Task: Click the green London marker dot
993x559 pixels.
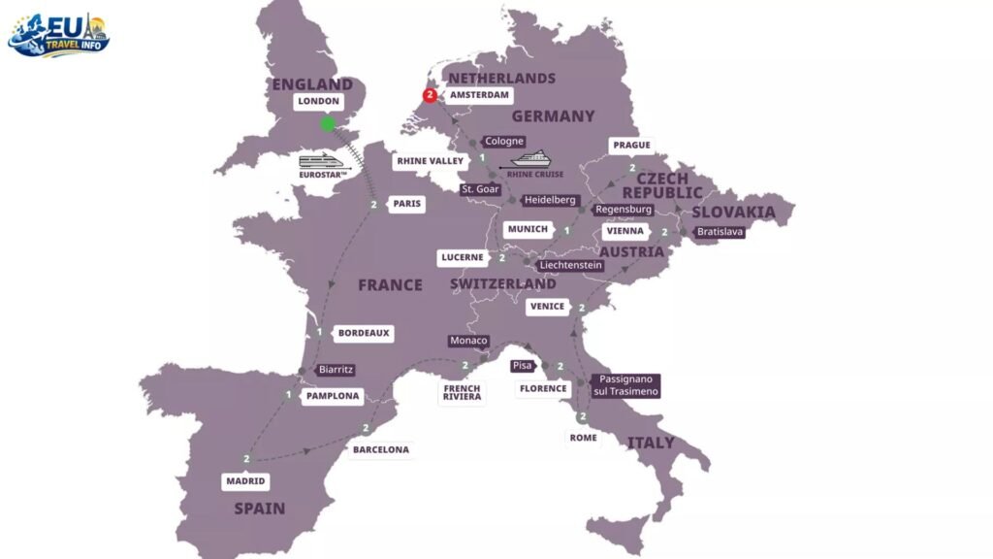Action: pyautogui.click(x=328, y=123)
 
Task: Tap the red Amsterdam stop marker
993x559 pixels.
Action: pyautogui.click(x=430, y=95)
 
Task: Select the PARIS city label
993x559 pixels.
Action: pyautogui.click(x=405, y=205)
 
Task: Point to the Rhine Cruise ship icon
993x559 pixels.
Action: pyautogui.click(x=530, y=159)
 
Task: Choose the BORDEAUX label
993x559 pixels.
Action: pyautogui.click(x=364, y=333)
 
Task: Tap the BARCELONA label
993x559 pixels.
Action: pyautogui.click(x=380, y=449)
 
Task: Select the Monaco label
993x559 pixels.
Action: pyautogui.click(x=468, y=341)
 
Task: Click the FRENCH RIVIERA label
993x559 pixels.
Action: pyautogui.click(x=462, y=392)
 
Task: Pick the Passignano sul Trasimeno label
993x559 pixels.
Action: pyautogui.click(x=625, y=385)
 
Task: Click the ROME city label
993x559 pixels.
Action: pyautogui.click(x=583, y=438)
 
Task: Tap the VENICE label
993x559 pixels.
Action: pyautogui.click(x=547, y=307)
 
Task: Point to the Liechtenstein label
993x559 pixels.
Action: pyautogui.click(x=570, y=264)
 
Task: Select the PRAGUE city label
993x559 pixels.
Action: pyautogui.click(x=630, y=146)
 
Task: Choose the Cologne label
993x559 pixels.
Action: pyautogui.click(x=504, y=142)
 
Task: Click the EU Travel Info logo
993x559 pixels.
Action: pyautogui.click(x=59, y=35)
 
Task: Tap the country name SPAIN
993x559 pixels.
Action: pyautogui.click(x=259, y=509)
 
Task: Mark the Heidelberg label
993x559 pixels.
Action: pyautogui.click(x=549, y=200)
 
